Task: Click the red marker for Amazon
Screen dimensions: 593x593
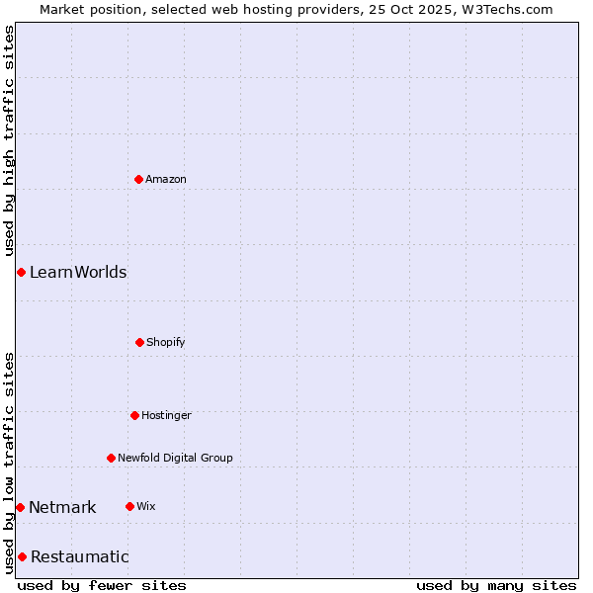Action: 139,179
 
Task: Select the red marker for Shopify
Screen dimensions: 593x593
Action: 139,342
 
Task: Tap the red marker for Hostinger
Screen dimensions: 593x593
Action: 134,415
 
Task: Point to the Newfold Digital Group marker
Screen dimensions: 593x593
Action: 111,458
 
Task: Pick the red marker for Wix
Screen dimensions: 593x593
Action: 129,506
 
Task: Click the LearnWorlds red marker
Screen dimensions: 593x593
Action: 21,272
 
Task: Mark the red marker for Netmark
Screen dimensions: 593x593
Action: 20,507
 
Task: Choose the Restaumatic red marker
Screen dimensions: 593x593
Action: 22,556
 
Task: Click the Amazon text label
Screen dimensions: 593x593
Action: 166,179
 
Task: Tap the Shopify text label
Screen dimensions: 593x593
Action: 166,342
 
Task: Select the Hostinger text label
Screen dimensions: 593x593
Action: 166,415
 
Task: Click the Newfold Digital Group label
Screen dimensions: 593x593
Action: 175,458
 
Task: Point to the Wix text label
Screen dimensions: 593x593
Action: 146,506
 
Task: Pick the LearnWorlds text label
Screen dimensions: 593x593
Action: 78,272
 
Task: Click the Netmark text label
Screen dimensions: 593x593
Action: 62,507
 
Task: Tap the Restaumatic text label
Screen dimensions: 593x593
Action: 80,556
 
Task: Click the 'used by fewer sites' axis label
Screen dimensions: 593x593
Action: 102,585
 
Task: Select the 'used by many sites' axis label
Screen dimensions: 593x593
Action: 496,585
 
